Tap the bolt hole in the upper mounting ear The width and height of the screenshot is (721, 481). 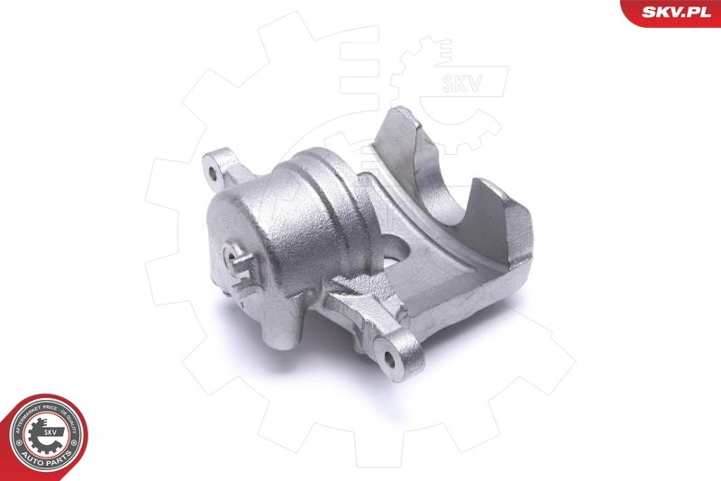click(214, 167)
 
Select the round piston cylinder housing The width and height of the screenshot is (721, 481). click(270, 225)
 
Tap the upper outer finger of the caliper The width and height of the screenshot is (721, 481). click(406, 135)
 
